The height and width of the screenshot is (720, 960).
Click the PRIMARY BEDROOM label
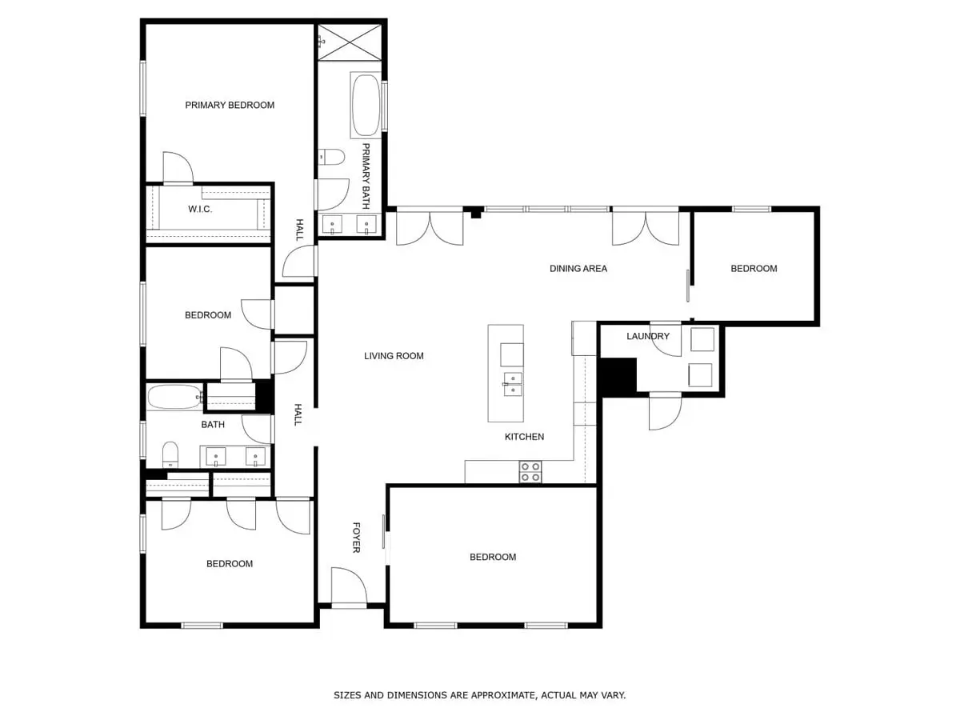(230, 105)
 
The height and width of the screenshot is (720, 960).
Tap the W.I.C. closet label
(199, 210)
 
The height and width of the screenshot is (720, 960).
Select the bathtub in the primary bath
(366, 105)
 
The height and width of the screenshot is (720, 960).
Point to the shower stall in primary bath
(350, 41)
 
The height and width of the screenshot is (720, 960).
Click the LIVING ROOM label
(394, 356)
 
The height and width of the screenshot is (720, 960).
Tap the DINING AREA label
(578, 269)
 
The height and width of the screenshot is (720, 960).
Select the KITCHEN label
(524, 437)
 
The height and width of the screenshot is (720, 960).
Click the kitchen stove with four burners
(530, 472)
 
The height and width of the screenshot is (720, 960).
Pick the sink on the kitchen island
(512, 384)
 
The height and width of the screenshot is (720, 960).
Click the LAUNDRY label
(647, 336)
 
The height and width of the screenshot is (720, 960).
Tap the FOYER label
(356, 537)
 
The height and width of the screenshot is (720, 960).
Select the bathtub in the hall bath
(173, 397)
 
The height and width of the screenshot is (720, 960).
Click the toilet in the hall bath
(170, 455)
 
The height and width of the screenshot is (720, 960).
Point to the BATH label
(213, 425)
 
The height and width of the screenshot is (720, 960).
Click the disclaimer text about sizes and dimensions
(479, 695)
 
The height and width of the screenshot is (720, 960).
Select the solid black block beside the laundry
(617, 376)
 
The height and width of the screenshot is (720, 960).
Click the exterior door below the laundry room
(665, 411)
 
